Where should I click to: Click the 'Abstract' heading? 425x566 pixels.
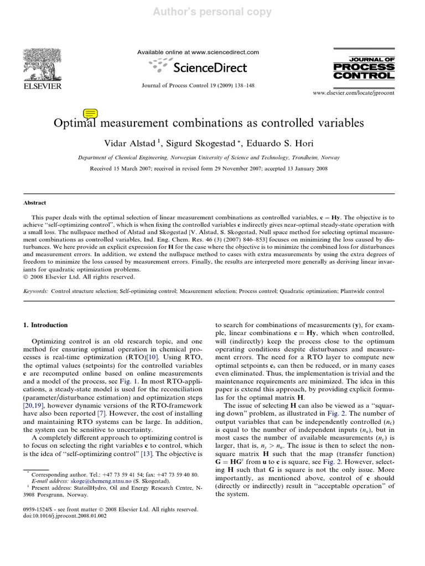point(35,203)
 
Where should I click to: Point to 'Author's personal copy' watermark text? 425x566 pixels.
point(212,11)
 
